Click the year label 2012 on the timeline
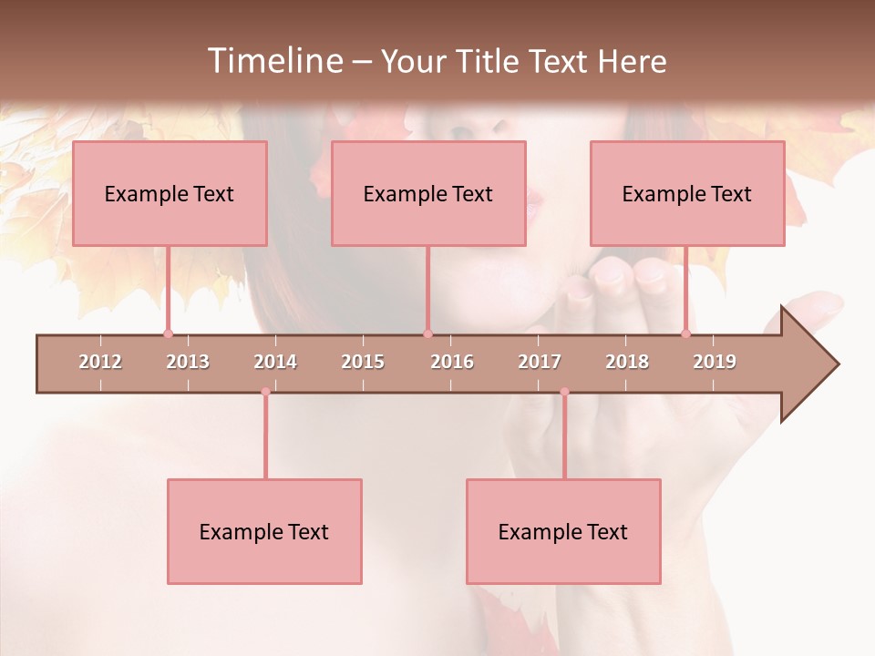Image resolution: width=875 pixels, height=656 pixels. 100,362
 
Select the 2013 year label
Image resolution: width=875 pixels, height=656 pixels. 188,362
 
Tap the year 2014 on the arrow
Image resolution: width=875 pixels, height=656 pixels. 275,362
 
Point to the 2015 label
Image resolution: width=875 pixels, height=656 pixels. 363,362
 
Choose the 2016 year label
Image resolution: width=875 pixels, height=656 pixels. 452,362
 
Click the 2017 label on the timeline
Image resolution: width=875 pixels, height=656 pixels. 540,362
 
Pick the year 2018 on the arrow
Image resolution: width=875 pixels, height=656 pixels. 627,362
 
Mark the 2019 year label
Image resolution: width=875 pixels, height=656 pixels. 715,362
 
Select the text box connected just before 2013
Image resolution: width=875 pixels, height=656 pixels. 170,193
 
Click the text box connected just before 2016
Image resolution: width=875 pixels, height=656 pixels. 428,193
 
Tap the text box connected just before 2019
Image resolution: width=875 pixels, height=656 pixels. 687,193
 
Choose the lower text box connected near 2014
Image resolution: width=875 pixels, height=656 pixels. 264,531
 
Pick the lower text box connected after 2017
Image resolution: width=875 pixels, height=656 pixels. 563,531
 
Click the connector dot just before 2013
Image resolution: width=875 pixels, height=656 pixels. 169,333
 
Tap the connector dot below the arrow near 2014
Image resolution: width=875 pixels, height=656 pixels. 265,392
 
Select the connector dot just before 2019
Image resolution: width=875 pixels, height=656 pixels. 686,333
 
